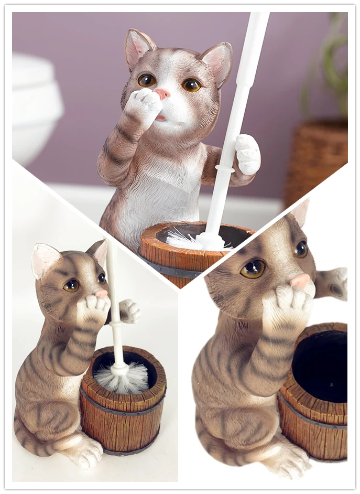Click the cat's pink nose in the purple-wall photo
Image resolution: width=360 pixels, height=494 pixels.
point(162,94)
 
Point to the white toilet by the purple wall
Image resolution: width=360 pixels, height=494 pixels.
point(35,105)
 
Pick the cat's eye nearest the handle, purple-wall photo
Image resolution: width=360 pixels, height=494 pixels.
point(191,84)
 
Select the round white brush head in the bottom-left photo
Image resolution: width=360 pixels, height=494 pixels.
point(123,379)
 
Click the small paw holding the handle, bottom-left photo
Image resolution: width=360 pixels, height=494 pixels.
point(129,311)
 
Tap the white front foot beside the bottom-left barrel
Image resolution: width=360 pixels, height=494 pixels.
point(84,452)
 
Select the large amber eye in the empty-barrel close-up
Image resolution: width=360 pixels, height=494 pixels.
point(254,269)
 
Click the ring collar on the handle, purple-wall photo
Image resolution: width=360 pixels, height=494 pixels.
point(225,169)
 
